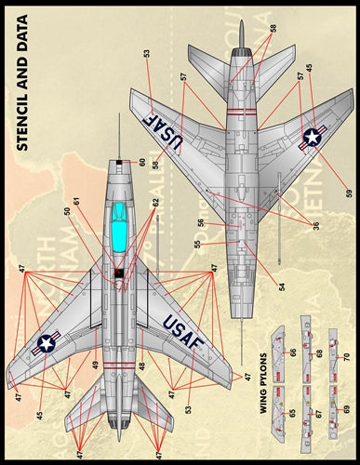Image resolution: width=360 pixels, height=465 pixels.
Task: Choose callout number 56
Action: (x=200, y=222)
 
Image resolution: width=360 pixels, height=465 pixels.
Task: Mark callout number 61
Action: (x=77, y=201)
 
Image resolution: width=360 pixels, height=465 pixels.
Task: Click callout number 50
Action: (x=67, y=211)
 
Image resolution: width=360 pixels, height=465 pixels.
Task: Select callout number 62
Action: (x=155, y=202)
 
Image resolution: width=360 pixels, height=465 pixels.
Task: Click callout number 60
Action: (x=142, y=163)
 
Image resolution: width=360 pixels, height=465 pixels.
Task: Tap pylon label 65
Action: (x=291, y=412)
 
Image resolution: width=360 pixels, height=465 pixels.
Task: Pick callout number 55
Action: (x=197, y=244)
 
